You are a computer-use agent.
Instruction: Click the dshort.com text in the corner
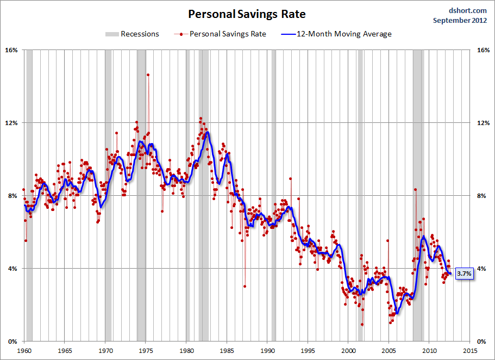[468, 10]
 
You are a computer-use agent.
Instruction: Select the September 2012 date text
[460, 20]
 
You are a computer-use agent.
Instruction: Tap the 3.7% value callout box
[463, 274]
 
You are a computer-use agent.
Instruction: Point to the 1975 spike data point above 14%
[148, 75]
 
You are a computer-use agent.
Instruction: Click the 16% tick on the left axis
[11, 50]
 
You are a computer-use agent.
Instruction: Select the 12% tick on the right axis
[483, 123]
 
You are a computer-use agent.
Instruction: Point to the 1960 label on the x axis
[24, 351]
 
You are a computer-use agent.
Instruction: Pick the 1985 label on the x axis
[227, 351]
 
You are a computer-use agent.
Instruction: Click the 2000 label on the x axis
[349, 351]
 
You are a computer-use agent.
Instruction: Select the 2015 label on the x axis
[470, 351]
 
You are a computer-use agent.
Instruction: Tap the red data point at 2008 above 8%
[415, 190]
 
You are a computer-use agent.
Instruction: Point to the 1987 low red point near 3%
[245, 286]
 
